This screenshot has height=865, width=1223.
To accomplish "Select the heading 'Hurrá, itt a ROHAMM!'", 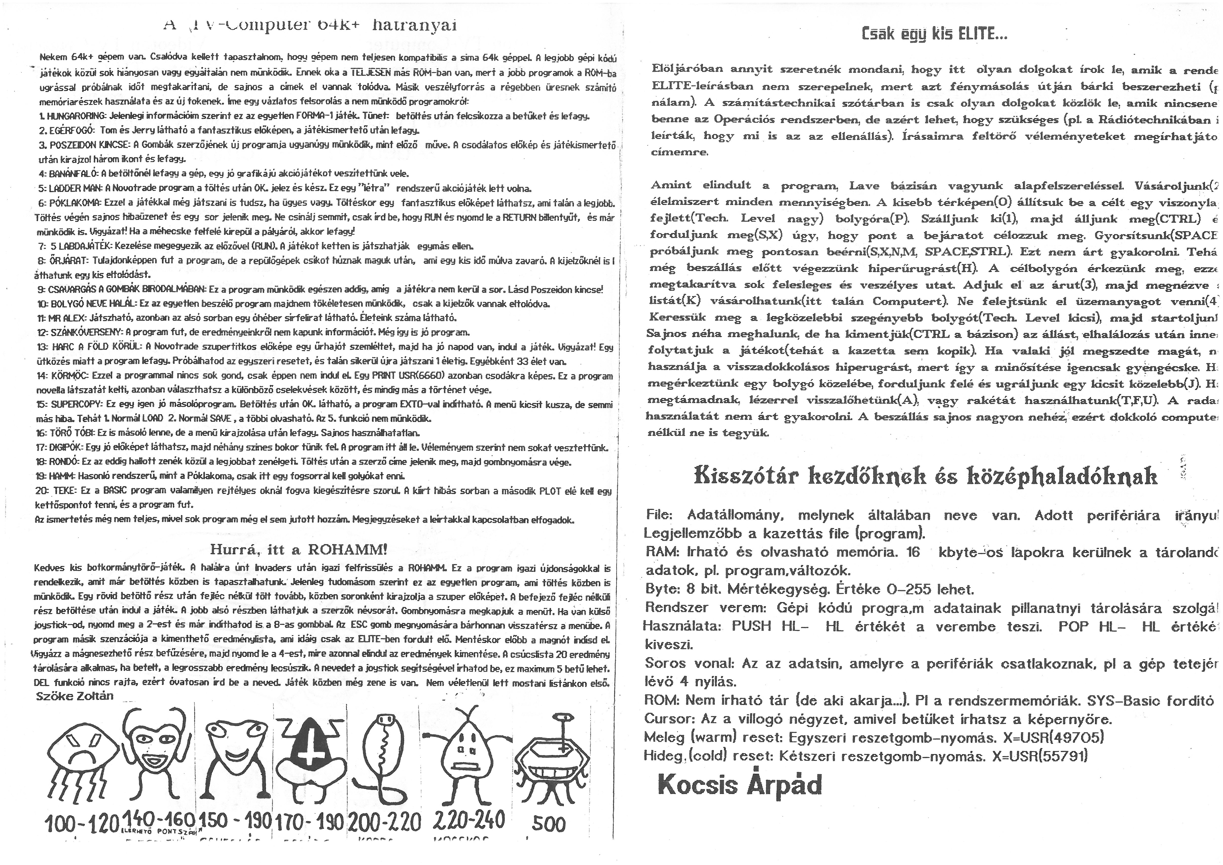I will tap(298, 550).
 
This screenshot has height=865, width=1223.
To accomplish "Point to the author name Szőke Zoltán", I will tap(74, 696).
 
